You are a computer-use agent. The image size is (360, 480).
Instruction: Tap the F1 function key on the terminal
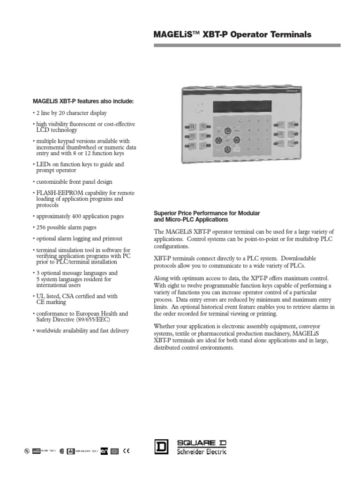pos(192,126)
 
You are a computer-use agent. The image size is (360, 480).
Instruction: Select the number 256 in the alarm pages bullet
pos(42,227)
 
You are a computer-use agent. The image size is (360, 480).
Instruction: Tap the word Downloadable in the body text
pos(295,258)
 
